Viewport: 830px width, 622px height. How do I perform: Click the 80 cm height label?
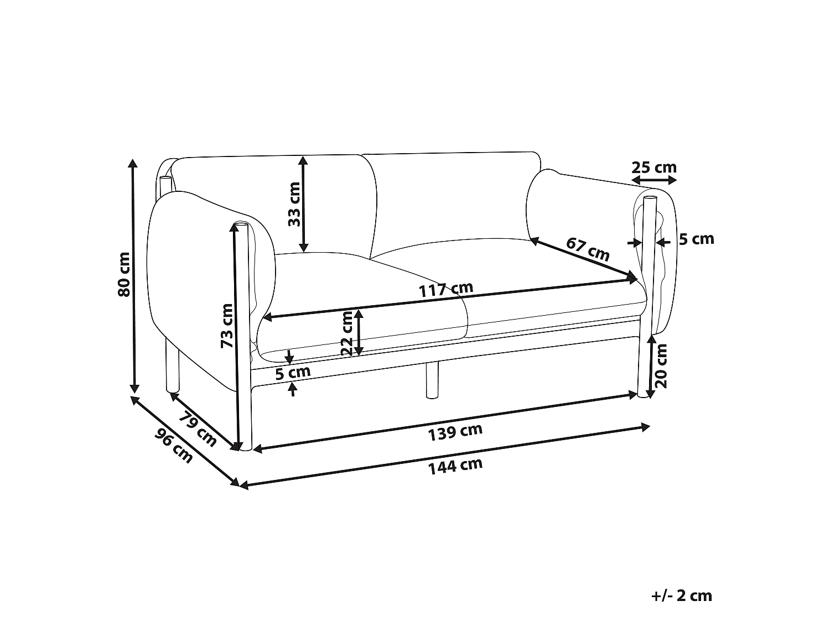[x=124, y=274]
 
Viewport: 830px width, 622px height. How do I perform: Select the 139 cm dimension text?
[x=455, y=432]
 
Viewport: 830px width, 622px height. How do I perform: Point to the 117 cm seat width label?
[x=445, y=289]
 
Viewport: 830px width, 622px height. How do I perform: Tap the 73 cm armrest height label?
[x=227, y=325]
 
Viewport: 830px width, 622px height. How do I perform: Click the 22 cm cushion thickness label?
[x=347, y=333]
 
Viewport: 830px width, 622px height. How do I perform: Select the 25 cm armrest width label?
[x=654, y=167]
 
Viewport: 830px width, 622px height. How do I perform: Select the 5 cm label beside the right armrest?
[x=696, y=239]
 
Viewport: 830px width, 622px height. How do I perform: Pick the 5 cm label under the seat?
[x=293, y=373]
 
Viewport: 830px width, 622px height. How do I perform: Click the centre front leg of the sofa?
[x=432, y=380]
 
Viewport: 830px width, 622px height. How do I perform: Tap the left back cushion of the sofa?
[x=277, y=205]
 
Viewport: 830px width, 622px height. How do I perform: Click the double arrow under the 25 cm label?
[x=654, y=181]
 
